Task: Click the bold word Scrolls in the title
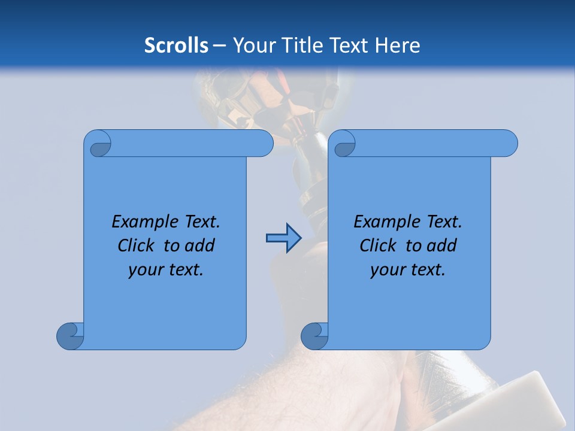coord(177,45)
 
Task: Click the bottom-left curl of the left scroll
coord(71,336)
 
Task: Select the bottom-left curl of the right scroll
coord(314,336)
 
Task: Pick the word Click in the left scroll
coord(136,246)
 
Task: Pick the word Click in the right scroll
coord(378,246)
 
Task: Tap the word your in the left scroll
coord(144,270)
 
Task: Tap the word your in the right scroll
coord(386,270)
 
